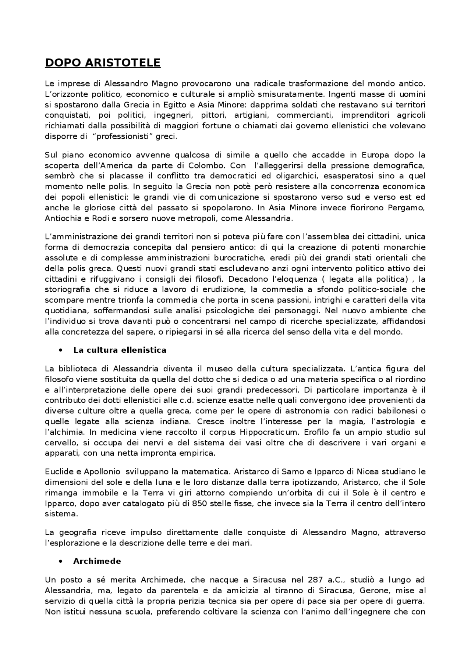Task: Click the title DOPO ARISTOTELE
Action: tap(103, 63)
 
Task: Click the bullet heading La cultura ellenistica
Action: tap(120, 350)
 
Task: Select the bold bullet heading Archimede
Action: tap(97, 561)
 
